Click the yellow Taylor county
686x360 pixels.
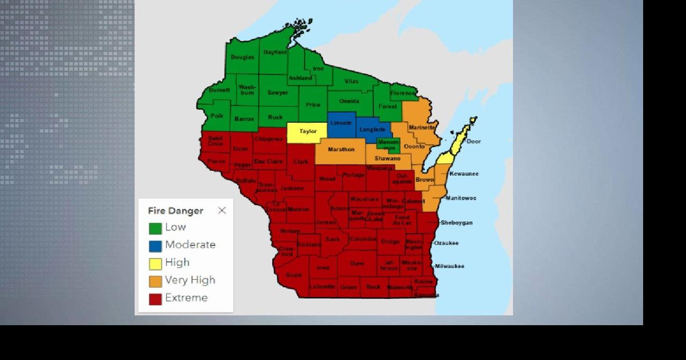click(x=307, y=132)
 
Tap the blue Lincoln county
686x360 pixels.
click(x=341, y=124)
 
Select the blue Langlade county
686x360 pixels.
click(x=372, y=130)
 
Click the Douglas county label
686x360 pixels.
click(x=242, y=57)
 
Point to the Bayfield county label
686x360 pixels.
click(x=275, y=52)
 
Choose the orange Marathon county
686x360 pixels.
click(x=341, y=150)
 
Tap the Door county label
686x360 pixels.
click(x=473, y=141)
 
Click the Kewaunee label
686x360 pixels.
click(x=464, y=174)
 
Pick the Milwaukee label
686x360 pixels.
click(x=449, y=266)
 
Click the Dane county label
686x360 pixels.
click(x=357, y=264)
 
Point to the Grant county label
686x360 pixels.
click(x=294, y=275)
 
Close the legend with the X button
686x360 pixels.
click(x=222, y=211)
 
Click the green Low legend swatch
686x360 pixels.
click(x=155, y=228)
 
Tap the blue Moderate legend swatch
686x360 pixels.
click(x=155, y=246)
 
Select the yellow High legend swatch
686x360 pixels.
click(x=155, y=264)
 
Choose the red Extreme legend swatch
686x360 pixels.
click(x=155, y=299)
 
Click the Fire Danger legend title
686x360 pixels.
click(x=176, y=211)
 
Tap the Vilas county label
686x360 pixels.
click(x=352, y=81)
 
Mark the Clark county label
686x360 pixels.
click(x=301, y=162)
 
